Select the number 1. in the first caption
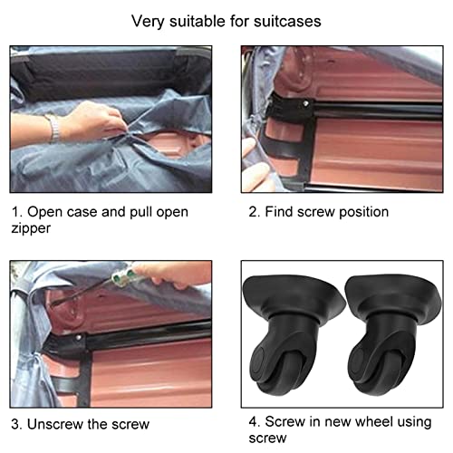[x=15, y=211]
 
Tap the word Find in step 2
[x=284, y=211]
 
